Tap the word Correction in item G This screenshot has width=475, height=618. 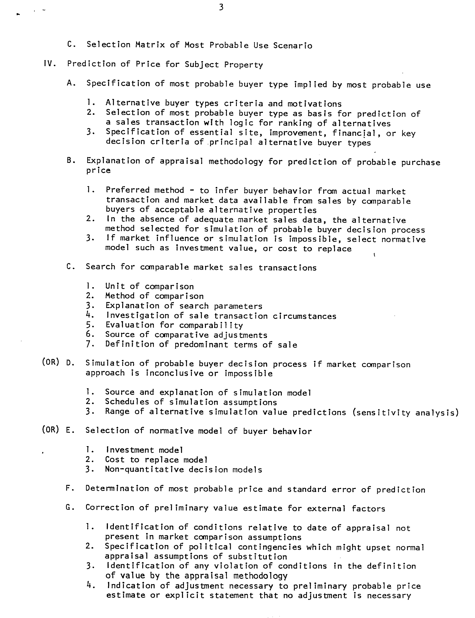click(x=110, y=508)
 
